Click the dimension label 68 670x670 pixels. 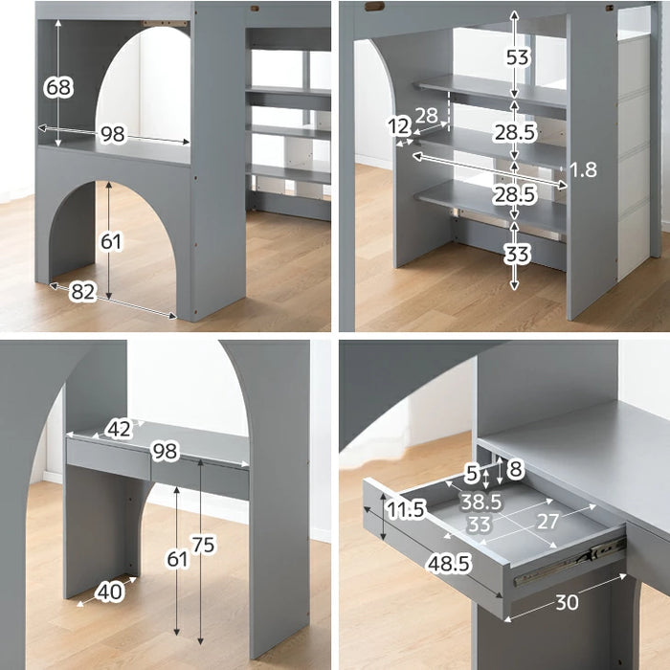pyautogui.click(x=59, y=87)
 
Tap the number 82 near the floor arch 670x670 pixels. pyautogui.click(x=83, y=292)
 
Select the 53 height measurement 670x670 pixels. pyautogui.click(x=518, y=57)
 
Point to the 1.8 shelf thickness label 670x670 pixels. pyautogui.click(x=583, y=169)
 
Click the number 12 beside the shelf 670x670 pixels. pyautogui.click(x=399, y=126)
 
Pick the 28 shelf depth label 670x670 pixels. pyautogui.click(x=427, y=115)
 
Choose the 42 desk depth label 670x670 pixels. pyautogui.click(x=119, y=429)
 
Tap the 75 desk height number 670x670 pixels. pyautogui.click(x=203, y=545)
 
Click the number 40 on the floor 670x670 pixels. pyautogui.click(x=110, y=592)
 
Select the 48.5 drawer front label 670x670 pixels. pyautogui.click(x=449, y=564)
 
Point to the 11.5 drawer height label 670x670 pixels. pyautogui.click(x=406, y=509)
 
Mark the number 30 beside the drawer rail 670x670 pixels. pyautogui.click(x=567, y=602)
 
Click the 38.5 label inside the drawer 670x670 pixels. pyautogui.click(x=480, y=502)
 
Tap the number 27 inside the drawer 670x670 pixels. pyautogui.click(x=547, y=522)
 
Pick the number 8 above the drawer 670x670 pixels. pyautogui.click(x=516, y=468)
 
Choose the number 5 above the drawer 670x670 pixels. pyautogui.click(x=472, y=473)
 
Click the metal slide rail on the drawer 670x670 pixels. pyautogui.click(x=569, y=561)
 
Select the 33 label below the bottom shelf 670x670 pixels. pyautogui.click(x=517, y=255)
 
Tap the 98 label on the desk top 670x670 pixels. pyautogui.click(x=165, y=451)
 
